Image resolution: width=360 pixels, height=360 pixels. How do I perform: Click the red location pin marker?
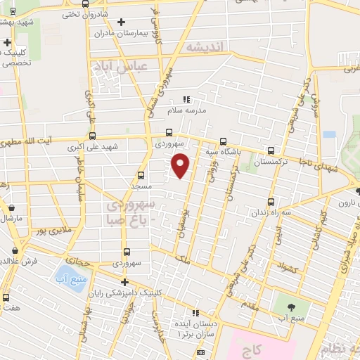pos(181,165)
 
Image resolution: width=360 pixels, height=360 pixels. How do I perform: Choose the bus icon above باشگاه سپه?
pos(224,140)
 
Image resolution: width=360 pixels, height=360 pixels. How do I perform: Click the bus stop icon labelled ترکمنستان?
pos(271,150)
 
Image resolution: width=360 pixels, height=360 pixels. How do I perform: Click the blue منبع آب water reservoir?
pos(67,276)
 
